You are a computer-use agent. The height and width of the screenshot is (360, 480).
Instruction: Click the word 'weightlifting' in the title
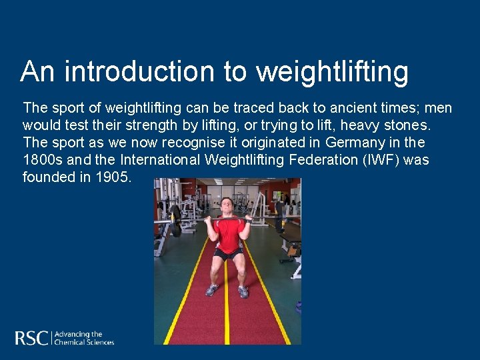click(x=332, y=72)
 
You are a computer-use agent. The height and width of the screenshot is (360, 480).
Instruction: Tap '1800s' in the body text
click(x=42, y=159)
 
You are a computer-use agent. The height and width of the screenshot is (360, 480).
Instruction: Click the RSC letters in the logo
click(x=31, y=337)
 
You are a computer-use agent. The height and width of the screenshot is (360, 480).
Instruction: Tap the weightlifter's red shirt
click(x=230, y=233)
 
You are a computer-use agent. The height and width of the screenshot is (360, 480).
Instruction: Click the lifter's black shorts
click(x=229, y=254)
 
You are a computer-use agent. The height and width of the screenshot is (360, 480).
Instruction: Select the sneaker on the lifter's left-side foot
click(x=212, y=290)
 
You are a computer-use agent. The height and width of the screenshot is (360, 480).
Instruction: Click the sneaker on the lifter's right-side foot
click(x=243, y=291)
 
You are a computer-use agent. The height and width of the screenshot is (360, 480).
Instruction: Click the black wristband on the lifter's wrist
click(x=248, y=219)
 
